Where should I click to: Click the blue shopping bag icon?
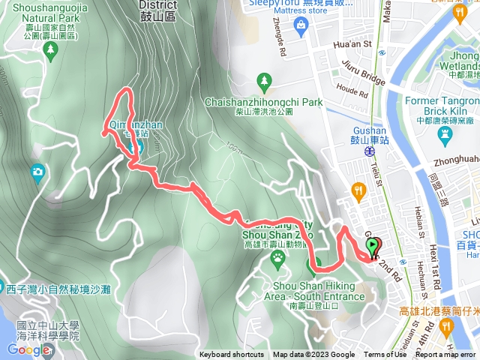pos(301,26)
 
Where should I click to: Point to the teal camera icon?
pos(37,174)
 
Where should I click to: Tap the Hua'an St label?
pos(352,45)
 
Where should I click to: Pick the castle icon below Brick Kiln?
pos(445,132)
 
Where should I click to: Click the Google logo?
pos(28,349)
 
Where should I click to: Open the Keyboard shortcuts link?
pos(231,355)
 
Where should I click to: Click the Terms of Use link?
pos(384,355)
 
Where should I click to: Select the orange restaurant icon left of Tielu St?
pos(358,192)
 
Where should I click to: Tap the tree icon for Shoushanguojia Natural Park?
pos(51,50)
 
